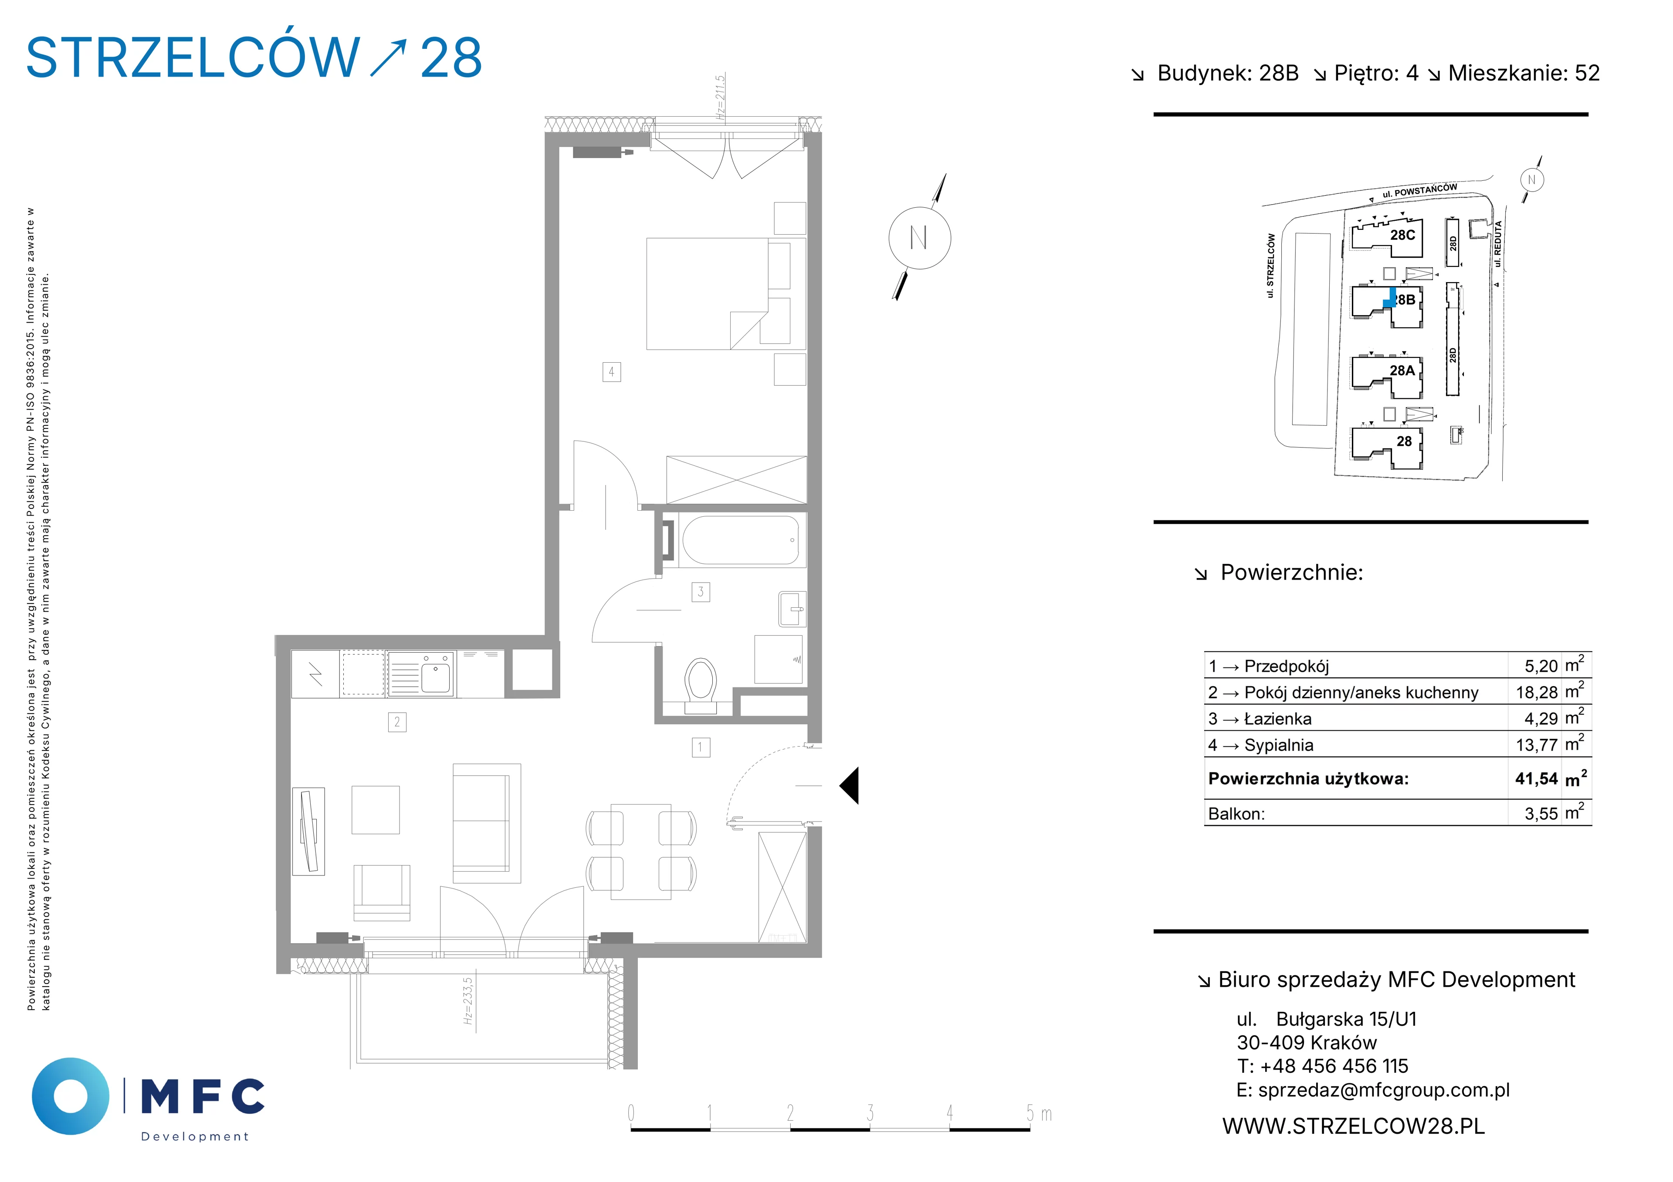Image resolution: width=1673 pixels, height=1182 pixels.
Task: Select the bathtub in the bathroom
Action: (x=740, y=540)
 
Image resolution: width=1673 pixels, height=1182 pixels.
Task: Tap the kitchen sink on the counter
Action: (x=421, y=674)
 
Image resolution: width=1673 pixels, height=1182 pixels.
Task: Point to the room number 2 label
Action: (x=397, y=722)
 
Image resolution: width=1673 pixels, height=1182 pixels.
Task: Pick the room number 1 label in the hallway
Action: (x=701, y=747)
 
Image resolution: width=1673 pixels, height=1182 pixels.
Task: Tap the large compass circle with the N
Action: (x=920, y=238)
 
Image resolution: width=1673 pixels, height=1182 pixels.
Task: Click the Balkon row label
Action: (x=1236, y=814)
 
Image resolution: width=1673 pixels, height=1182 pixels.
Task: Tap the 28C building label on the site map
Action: (x=1403, y=235)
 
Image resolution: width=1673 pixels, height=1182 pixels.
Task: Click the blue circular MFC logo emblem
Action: (x=71, y=1096)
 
